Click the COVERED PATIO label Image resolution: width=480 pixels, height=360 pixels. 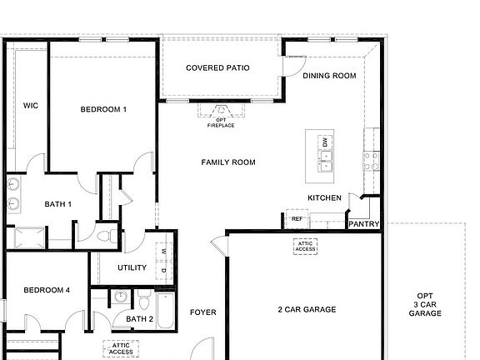217,68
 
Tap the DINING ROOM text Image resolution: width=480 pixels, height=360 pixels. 329,76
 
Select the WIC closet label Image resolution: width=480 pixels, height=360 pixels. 31,106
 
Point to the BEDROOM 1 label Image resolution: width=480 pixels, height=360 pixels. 103,110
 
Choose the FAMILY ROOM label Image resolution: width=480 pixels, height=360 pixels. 228,162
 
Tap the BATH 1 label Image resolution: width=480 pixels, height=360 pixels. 58,204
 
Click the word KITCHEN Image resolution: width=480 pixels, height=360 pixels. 324,197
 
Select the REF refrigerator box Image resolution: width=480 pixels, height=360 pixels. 296,219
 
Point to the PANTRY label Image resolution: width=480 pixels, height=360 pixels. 364,224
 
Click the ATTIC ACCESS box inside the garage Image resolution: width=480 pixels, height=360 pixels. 305,247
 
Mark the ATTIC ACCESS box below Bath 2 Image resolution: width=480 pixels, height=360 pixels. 121,348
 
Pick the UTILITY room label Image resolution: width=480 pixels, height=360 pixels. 132,268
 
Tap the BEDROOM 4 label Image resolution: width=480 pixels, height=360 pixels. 47,290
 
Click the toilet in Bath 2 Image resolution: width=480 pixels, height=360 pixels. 143,297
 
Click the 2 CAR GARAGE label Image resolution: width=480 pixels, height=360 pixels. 307,310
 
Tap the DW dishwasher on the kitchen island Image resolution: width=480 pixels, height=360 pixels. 325,142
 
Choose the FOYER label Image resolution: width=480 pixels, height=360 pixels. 202,312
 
